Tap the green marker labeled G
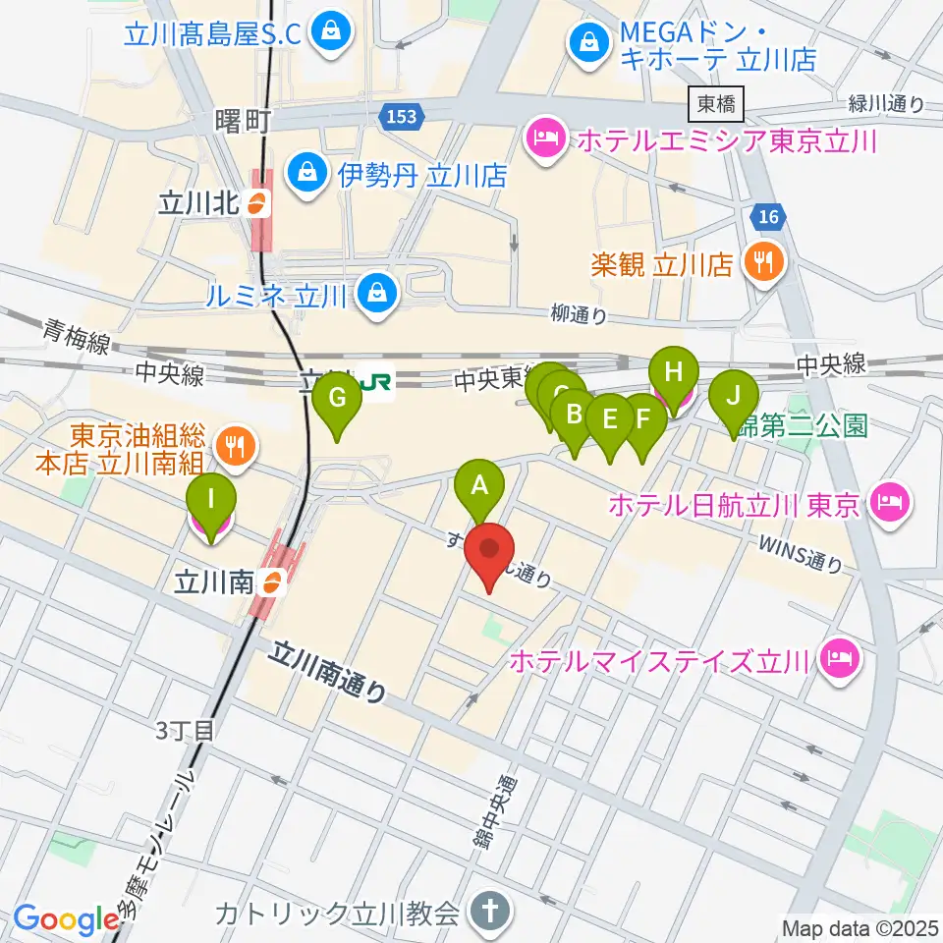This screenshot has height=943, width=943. [337, 399]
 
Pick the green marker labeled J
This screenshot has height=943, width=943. [734, 396]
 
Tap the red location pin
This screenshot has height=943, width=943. [491, 551]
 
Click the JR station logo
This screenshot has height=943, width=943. [375, 383]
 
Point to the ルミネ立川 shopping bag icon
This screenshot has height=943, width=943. [373, 291]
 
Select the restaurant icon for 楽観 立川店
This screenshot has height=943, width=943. [763, 262]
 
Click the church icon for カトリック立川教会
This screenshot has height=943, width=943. [488, 914]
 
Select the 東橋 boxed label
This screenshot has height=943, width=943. [717, 102]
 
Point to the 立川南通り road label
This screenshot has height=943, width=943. [329, 672]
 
